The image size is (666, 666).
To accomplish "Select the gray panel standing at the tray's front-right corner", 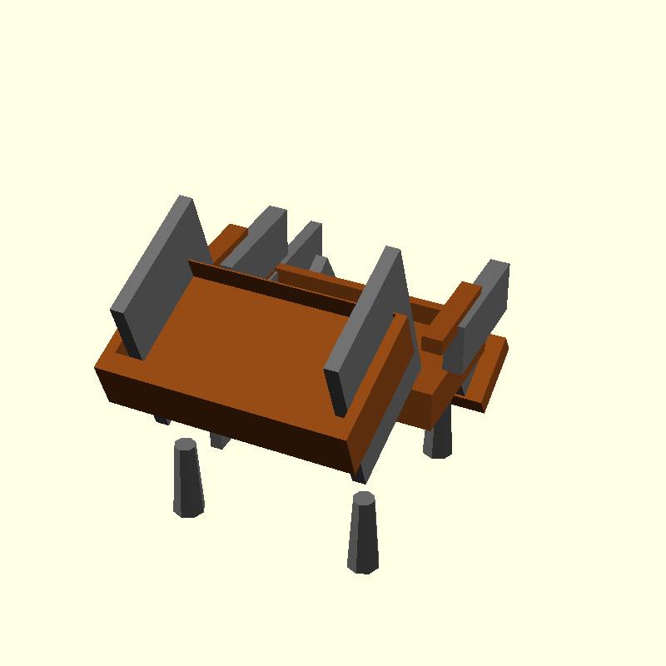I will pos(366,325).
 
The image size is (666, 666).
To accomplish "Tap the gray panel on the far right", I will pos(483,316).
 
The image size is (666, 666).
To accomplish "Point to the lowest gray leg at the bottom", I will pos(362,537).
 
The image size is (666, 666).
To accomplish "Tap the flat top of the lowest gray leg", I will pos(363,499).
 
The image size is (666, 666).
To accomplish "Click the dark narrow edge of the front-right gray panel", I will pos(336,391).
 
